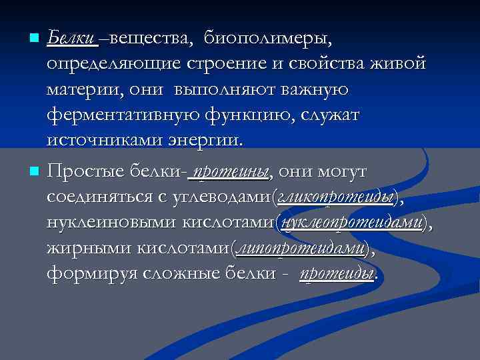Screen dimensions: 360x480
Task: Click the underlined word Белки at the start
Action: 71,39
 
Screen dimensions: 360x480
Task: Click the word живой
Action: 402,65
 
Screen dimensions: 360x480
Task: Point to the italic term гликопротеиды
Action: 337,198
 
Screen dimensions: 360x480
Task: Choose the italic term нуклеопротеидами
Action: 353,223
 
